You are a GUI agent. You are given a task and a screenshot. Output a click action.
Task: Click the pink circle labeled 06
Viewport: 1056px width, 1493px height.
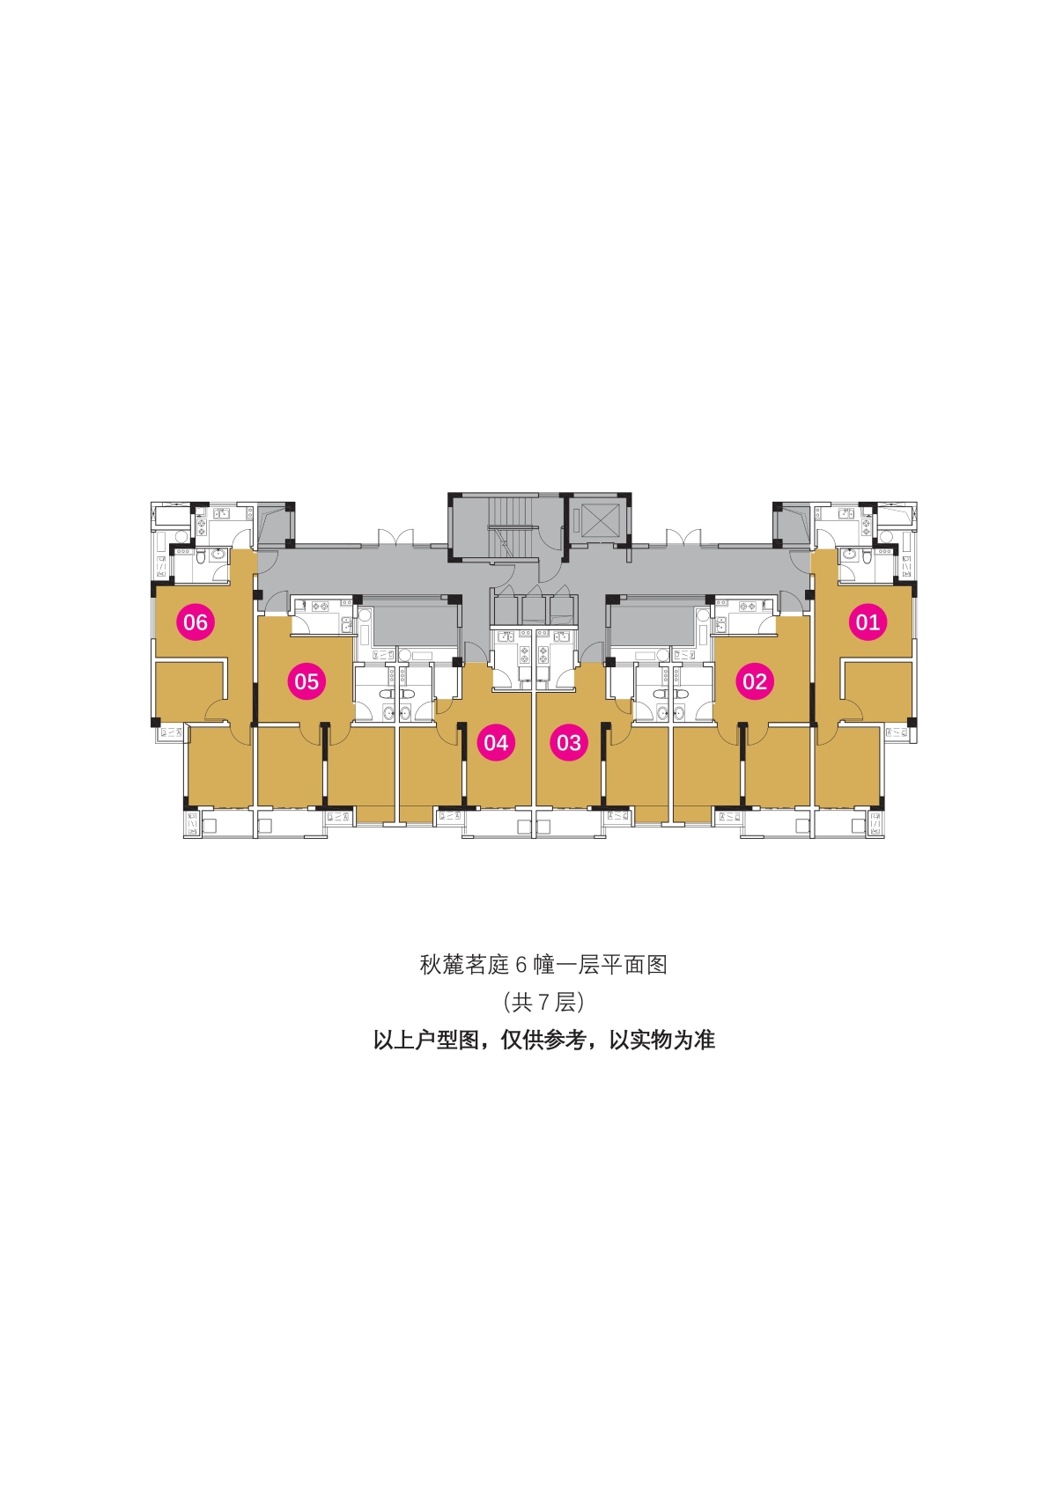point(196,621)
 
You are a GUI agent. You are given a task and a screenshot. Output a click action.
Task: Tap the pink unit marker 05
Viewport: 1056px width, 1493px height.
point(306,681)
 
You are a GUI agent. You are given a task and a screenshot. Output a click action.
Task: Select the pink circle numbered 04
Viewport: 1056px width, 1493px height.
point(496,742)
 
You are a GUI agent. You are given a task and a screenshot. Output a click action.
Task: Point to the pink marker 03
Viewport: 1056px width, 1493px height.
point(569,742)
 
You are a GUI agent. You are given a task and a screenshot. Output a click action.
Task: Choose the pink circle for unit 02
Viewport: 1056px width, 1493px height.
point(755,681)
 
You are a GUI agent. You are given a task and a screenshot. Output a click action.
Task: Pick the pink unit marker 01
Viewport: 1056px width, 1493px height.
point(868,621)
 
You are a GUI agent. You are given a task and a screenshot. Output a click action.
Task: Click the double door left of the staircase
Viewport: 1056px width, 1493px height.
point(395,538)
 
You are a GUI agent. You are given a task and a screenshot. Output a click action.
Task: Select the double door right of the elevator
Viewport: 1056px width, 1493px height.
point(683,538)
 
